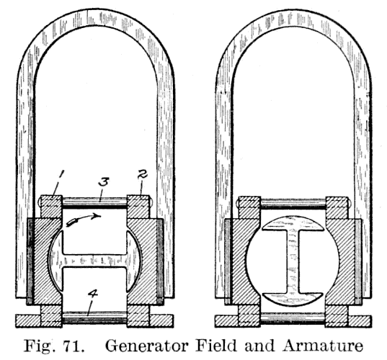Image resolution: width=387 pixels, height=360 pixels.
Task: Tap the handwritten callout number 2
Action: (143, 174)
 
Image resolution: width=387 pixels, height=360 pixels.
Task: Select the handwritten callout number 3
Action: (103, 182)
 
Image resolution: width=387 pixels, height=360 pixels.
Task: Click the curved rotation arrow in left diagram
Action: (84, 219)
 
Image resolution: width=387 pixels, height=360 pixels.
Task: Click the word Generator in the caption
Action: (147, 346)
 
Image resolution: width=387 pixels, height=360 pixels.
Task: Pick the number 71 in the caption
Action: (73, 346)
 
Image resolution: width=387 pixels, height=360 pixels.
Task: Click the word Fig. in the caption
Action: (38, 346)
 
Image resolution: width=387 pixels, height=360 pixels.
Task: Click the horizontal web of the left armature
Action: (95, 261)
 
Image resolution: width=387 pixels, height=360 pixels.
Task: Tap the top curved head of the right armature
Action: (293, 223)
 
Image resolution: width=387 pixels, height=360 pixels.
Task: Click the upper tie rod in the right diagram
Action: (293, 204)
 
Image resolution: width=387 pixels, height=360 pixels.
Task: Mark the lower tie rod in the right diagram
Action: (293, 318)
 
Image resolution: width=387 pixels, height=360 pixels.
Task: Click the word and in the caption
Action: (259, 346)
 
